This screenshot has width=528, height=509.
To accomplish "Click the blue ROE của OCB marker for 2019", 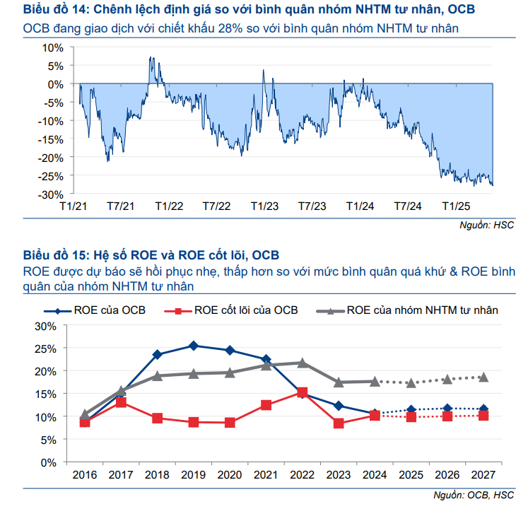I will point(193,346).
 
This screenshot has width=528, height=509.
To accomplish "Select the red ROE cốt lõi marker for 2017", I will point(121,402).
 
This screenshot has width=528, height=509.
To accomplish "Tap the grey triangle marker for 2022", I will point(303,363).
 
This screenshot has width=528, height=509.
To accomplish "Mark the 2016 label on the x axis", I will point(85,474).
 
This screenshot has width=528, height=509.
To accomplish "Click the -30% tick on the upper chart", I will point(51,194).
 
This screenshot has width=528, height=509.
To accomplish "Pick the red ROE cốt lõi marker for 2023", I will point(339,423).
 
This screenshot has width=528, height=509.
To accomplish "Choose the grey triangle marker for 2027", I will point(483,378).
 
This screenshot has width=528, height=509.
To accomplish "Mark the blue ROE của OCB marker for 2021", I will point(266,360).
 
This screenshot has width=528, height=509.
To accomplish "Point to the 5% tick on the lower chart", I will point(47,439).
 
